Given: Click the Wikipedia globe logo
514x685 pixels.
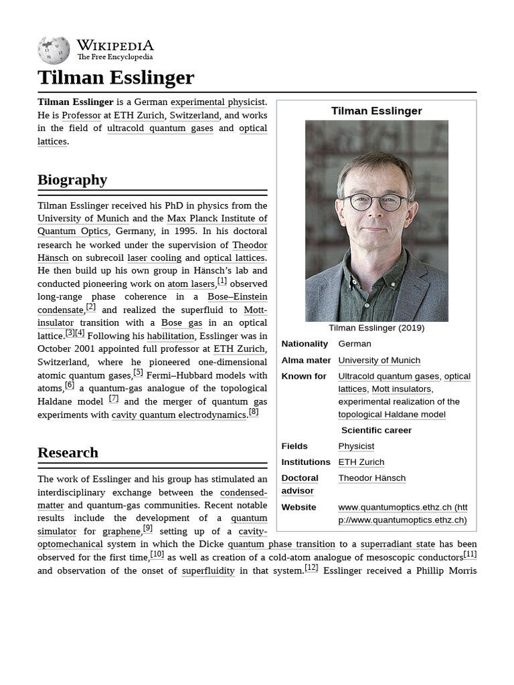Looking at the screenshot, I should click(54, 50).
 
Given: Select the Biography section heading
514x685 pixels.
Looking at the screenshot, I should click(72, 179).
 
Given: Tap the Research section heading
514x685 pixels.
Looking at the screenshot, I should click(68, 452).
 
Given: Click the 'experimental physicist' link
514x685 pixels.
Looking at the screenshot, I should click(218, 102).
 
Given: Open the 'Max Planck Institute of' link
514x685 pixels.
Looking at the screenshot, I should click(217, 218).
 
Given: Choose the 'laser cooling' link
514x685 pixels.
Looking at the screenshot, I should click(154, 258).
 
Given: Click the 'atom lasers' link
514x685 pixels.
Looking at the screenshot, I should click(191, 284).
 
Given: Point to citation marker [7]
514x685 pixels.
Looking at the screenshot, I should click(114, 399).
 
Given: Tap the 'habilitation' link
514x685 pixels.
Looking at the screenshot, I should click(171, 336).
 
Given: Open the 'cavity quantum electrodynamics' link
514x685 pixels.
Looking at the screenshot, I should click(179, 415).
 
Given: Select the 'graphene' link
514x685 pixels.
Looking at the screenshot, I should click(121, 531).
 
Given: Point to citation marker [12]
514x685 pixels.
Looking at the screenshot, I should click(311, 567).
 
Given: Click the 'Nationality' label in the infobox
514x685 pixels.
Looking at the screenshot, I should click(305, 343).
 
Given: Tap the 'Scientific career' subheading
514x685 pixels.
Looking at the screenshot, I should click(376, 430).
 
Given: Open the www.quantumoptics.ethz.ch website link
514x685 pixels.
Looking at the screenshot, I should click(402, 514).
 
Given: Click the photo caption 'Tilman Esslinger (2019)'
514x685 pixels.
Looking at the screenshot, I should click(376, 328).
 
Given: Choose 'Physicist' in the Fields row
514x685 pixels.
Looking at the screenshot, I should click(356, 446).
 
